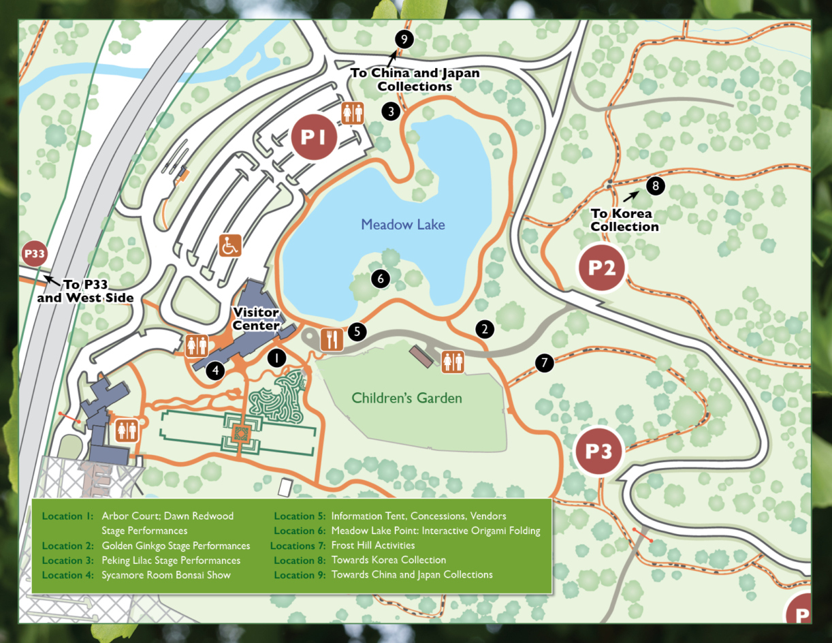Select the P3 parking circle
(598, 452)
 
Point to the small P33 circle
(34, 255)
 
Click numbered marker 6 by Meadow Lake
(380, 278)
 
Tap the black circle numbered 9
(404, 40)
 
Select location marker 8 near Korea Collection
(655, 185)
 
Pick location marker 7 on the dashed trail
(545, 363)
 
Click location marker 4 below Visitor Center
(216, 371)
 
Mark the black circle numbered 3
(390, 111)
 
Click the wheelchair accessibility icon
(230, 245)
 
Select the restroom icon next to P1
(352, 113)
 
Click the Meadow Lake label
(403, 224)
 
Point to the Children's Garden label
(406, 398)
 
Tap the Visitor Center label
(256, 319)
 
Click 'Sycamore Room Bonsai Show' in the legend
(166, 575)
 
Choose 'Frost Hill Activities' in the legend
(372, 545)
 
